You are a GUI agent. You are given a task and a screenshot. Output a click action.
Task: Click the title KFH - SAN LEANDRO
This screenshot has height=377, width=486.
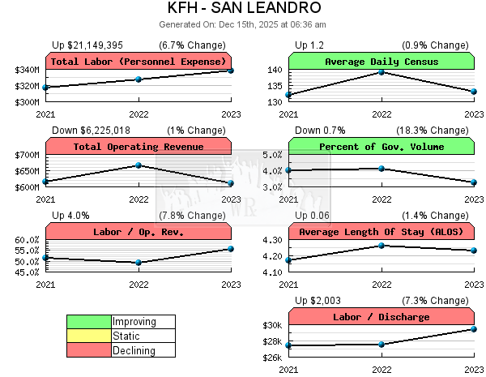242,9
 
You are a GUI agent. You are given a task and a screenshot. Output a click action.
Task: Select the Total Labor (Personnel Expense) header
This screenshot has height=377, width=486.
139,62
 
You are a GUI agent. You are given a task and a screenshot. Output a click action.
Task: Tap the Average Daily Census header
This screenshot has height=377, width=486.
382,62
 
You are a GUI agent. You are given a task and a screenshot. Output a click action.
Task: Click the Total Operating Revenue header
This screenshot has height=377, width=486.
139,147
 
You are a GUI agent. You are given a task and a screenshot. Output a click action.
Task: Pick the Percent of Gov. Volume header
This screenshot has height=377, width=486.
382,147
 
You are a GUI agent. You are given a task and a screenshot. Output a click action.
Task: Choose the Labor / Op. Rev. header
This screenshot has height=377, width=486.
139,232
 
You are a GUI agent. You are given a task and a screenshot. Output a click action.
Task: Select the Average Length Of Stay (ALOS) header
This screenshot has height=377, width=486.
382,232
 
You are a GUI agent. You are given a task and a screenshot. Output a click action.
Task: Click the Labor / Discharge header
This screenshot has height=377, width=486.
382,317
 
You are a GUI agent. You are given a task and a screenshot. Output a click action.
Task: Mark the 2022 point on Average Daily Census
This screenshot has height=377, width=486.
382,72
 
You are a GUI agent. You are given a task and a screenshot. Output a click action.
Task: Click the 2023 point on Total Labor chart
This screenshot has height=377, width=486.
231,71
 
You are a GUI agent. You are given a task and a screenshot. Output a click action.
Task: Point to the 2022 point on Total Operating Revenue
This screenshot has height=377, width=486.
139,165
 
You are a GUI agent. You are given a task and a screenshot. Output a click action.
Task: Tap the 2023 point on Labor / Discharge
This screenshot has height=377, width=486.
474,328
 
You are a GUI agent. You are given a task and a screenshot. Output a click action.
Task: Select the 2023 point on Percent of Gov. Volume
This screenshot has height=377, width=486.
474,182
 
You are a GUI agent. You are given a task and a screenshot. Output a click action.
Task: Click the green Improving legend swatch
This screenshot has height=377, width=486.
89,322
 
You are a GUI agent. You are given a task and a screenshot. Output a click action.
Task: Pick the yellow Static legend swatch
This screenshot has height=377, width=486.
89,336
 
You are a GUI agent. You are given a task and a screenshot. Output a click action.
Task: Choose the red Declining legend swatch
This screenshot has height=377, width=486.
89,350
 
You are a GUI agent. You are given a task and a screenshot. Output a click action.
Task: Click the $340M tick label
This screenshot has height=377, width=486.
25,71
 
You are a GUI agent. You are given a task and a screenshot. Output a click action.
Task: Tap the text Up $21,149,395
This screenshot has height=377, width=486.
87,45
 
